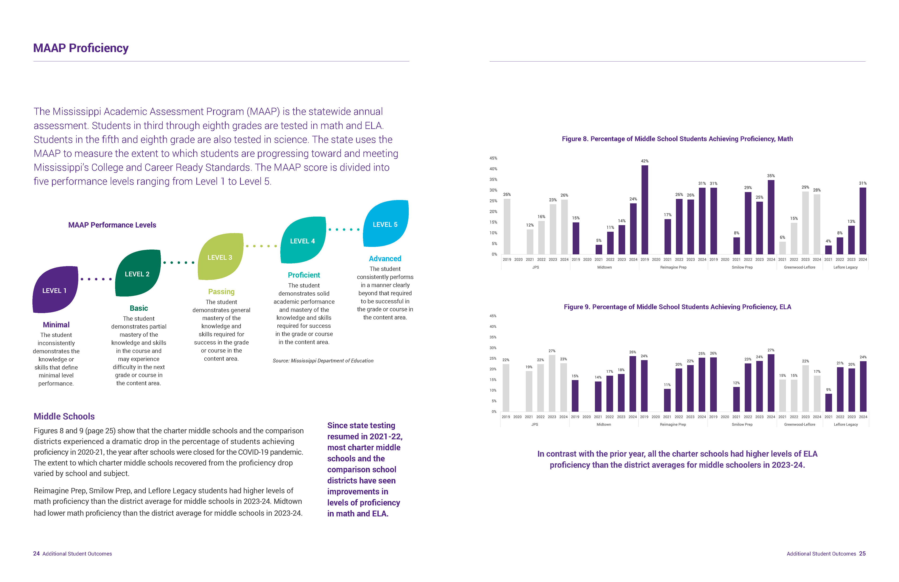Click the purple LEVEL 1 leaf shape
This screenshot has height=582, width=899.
coord(55,290)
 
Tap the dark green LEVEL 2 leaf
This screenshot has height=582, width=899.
coord(138,274)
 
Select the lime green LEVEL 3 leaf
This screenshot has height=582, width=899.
coord(221,257)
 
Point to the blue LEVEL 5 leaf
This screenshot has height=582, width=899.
coord(386,224)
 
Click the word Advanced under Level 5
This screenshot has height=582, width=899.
coord(385,259)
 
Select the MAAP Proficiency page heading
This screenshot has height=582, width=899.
coord(81,48)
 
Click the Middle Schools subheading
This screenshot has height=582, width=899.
coord(64,416)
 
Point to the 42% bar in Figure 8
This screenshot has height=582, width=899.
coord(645,210)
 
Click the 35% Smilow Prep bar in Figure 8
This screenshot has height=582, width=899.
coord(771,217)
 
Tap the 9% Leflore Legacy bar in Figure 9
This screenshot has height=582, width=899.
coord(828,403)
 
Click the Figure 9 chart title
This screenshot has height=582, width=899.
coord(677,307)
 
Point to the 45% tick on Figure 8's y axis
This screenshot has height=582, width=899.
coord(493,158)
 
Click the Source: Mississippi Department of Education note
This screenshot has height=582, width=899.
coord(323,361)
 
